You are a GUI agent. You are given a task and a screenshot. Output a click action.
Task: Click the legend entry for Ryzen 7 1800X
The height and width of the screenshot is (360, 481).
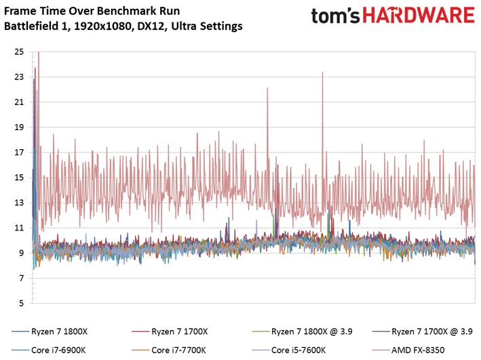point(50,332)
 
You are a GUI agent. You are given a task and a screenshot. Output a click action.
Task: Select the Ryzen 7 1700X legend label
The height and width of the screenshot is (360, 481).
point(170,332)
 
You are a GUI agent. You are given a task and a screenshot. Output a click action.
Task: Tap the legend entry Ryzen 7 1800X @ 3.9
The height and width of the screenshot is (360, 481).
point(302,332)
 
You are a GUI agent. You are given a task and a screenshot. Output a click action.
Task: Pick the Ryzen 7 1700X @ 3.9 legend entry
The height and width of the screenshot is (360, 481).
point(423,332)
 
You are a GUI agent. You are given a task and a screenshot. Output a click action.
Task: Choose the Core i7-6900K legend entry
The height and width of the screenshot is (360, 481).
point(49,350)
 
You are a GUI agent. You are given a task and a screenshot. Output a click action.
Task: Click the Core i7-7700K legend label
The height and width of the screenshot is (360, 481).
point(169,350)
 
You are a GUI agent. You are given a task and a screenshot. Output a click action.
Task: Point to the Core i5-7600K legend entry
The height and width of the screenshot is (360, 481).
point(288,350)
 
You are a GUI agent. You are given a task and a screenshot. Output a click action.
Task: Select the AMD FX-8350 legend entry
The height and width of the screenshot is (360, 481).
point(408,350)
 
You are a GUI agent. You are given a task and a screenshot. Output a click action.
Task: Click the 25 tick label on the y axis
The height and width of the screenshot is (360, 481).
point(19,52)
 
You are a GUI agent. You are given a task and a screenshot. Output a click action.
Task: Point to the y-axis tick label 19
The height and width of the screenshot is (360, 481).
point(19,127)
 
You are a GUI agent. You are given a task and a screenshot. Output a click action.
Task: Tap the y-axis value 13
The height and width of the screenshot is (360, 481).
point(19,203)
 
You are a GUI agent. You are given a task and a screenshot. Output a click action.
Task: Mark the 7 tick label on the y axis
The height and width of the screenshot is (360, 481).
point(22,278)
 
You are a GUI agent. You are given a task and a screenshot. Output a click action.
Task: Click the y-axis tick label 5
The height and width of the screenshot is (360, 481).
point(22,303)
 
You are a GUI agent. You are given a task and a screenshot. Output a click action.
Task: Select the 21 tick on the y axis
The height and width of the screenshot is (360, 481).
point(19,102)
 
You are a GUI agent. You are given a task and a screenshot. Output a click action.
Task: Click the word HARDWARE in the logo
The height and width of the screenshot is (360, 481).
point(419,16)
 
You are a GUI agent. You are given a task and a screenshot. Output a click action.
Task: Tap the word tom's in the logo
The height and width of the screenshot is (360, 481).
point(336,16)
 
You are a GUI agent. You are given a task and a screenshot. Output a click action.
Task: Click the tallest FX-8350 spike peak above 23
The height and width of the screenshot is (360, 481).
point(39,52)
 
